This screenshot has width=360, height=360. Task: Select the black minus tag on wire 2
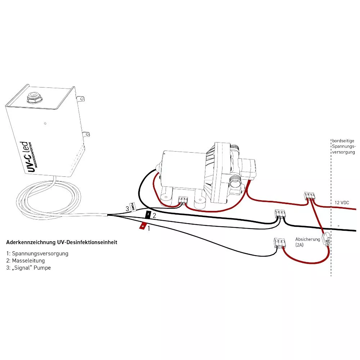coord(148,215)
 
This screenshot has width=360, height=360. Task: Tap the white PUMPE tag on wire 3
coord(132,207)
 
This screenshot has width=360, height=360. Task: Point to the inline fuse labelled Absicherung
coord(327,238)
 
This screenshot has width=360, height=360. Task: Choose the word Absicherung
coord(307,239)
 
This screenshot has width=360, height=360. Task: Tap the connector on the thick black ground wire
coord(280,215)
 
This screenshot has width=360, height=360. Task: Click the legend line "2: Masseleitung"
coord(25,260)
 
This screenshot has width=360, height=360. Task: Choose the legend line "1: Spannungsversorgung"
coord(37,253)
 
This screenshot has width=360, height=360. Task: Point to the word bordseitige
coord(343,141)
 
